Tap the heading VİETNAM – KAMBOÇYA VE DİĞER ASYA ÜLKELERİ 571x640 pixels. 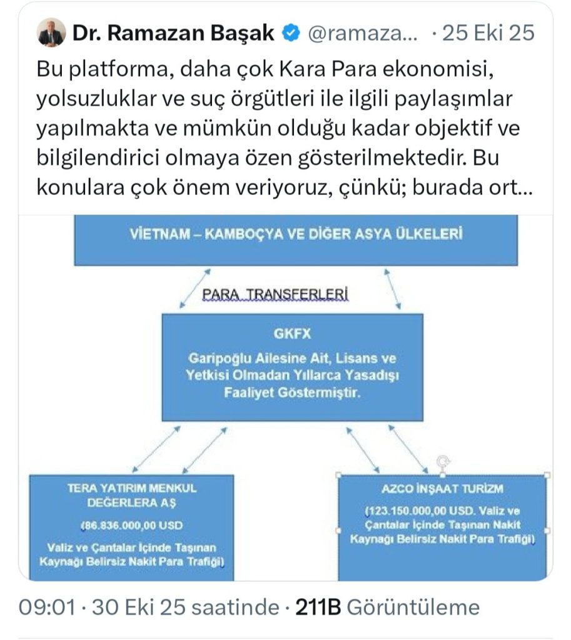(x=296, y=235)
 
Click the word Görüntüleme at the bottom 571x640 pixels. (x=412, y=607)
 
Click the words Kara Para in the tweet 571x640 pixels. (x=355, y=72)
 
